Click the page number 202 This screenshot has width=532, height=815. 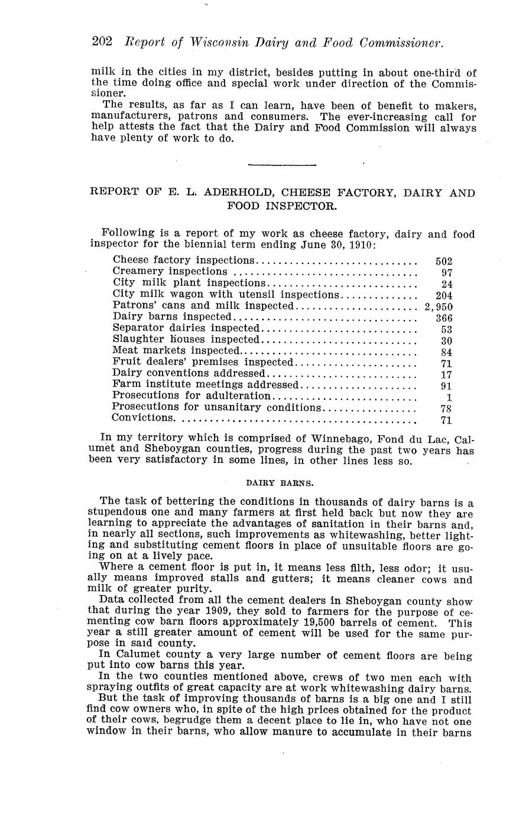point(102,43)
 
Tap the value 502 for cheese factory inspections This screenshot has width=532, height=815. point(444,261)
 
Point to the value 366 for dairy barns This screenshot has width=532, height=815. point(444,318)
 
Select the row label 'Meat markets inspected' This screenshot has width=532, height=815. point(175,351)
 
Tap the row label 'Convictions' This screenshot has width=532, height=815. point(142,418)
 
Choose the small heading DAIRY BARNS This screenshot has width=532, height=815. point(280,483)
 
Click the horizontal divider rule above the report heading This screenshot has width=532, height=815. point(282,165)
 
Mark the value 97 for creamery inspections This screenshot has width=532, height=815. point(447,273)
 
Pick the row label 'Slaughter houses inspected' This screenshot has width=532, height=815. point(186,340)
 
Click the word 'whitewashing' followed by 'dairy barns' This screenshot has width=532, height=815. point(353,689)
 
